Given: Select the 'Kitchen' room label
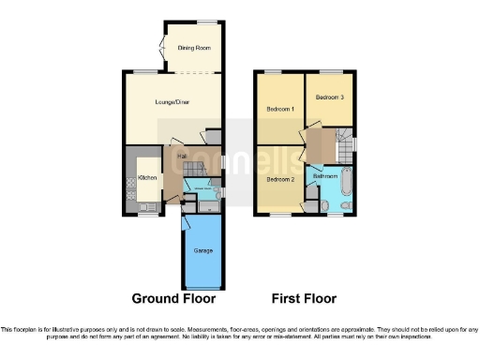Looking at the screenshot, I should (x=147, y=177).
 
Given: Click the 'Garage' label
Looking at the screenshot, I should (x=202, y=250).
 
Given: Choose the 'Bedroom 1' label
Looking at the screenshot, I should (x=280, y=110).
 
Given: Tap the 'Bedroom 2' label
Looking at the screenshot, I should (x=280, y=178).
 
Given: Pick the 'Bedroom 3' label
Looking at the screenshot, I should (x=329, y=97).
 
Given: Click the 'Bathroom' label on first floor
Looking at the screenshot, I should (x=325, y=175).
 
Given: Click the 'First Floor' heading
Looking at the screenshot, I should (x=305, y=299).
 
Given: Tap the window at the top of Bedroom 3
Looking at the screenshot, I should (x=330, y=71).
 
